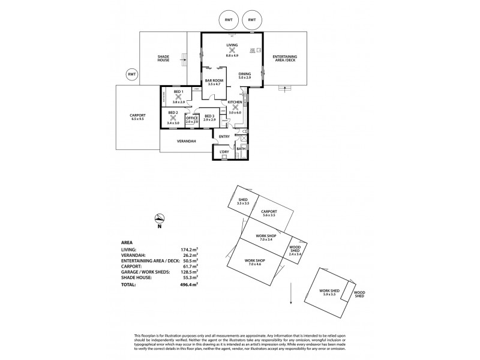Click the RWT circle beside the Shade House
(131, 74)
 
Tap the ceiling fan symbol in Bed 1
(178, 97)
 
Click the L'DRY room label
(224, 152)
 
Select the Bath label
(240, 148)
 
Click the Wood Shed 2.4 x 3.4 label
(296, 250)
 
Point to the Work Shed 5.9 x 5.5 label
(331, 292)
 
